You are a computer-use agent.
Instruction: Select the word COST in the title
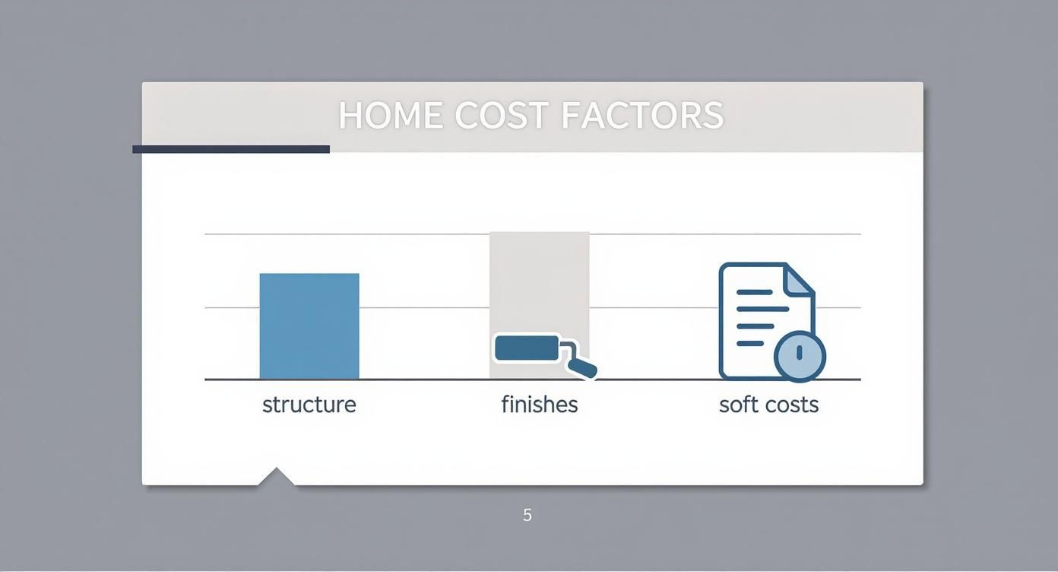coord(502,116)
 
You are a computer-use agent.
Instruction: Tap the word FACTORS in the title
coord(642,116)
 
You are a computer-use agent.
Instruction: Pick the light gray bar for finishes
coord(540,281)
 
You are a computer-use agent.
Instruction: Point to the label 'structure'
coord(309,405)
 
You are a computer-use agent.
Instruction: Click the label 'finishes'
coord(540,405)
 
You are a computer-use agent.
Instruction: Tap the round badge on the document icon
coord(800,354)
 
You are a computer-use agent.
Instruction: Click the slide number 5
coord(527,515)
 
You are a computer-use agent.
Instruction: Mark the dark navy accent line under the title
coord(231,149)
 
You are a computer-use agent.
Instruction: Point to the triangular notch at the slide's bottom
coord(277,477)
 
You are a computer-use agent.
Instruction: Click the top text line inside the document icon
coord(755,292)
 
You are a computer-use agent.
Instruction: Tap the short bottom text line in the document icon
coord(750,343)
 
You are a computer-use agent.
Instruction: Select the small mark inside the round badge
coord(800,352)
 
